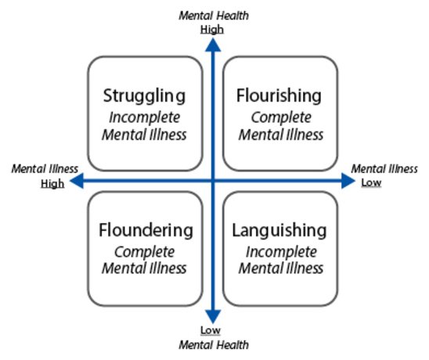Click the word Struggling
pos(144,96)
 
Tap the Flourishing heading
pos(279,95)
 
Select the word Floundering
pos(146,230)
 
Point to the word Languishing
pos(279,231)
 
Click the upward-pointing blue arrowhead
pos(213,45)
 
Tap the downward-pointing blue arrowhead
pos(213,317)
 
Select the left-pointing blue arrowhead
pos(77,181)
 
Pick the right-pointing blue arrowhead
pos(348,181)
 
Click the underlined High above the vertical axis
pos(212,30)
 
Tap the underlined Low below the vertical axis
pos(211,330)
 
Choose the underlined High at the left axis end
pos(52,184)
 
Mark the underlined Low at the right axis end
pos(371,182)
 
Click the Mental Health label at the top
pos(214,16)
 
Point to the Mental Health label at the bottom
pos(214,344)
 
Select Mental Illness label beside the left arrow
pos(45,169)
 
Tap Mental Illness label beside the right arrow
pos(384,169)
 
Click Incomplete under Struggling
pos(145,118)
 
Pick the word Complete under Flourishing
pos(281,118)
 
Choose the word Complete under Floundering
pos(145,252)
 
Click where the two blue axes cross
pos(213,181)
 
